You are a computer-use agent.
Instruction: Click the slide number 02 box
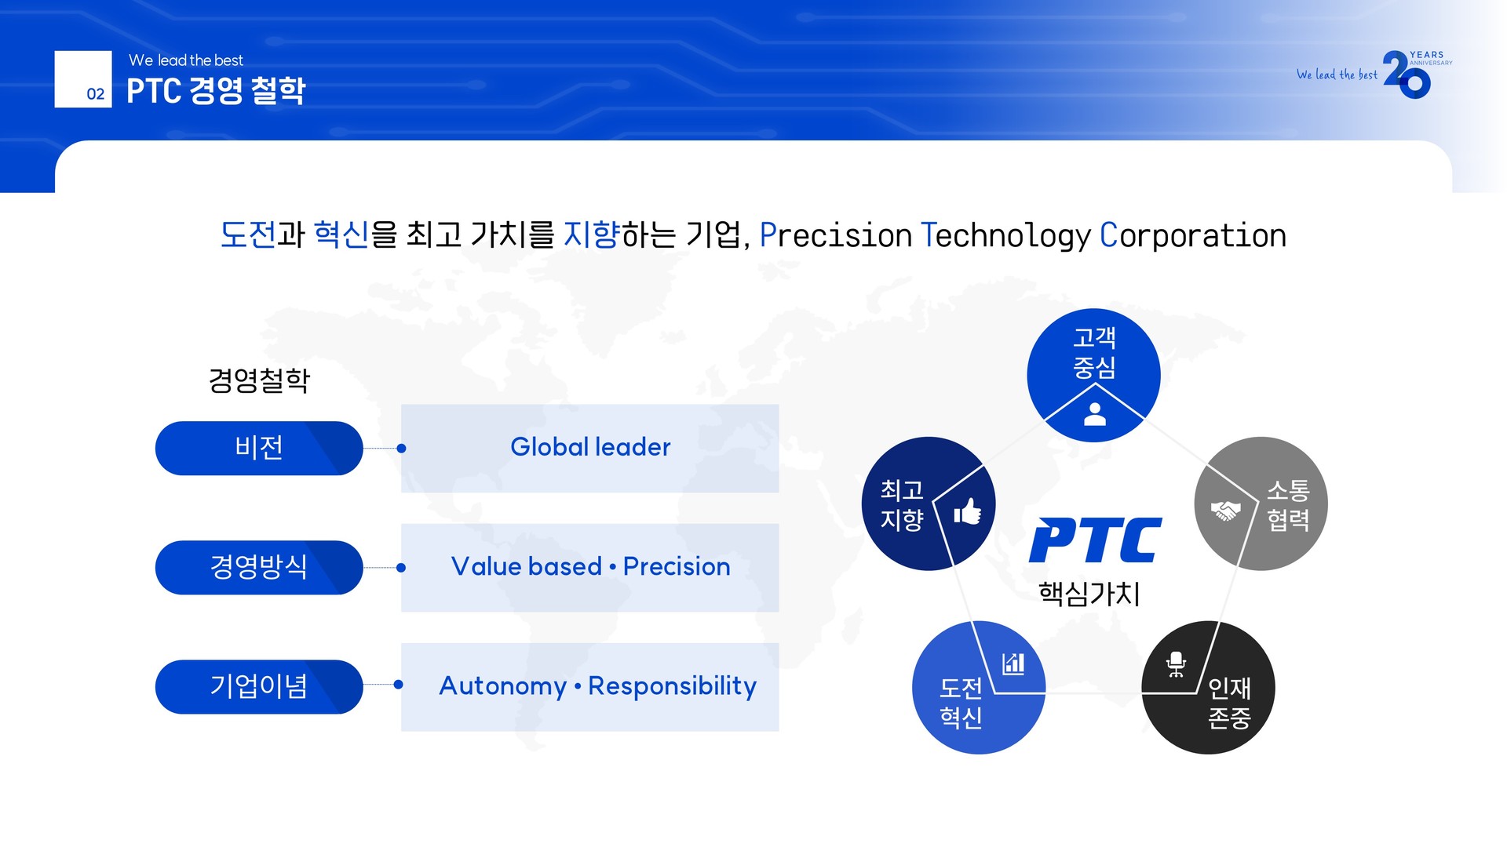coord(83,79)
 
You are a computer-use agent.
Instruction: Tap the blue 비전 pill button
coord(259,448)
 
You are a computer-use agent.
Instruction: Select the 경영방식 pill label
coord(259,567)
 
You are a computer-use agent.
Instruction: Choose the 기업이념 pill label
coord(259,686)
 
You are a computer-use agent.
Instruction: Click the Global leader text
coord(590,447)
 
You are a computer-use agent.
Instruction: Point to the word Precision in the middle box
coord(677,566)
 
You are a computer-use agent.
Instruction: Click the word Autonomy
coord(503,686)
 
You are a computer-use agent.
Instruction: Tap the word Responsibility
coord(673,686)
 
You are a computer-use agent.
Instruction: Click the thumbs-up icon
coord(968,511)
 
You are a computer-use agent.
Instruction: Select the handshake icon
coord(1225,511)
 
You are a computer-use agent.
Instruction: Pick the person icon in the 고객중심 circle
coord(1095,414)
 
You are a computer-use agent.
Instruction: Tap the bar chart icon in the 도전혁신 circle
coord(1013,663)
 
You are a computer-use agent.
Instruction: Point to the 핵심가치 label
coord(1089,594)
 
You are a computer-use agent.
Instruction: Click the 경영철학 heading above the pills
coord(259,380)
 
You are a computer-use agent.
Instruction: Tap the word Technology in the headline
coord(1005,235)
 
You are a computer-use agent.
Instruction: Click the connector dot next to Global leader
coord(402,449)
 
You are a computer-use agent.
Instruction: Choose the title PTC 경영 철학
coord(216,91)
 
